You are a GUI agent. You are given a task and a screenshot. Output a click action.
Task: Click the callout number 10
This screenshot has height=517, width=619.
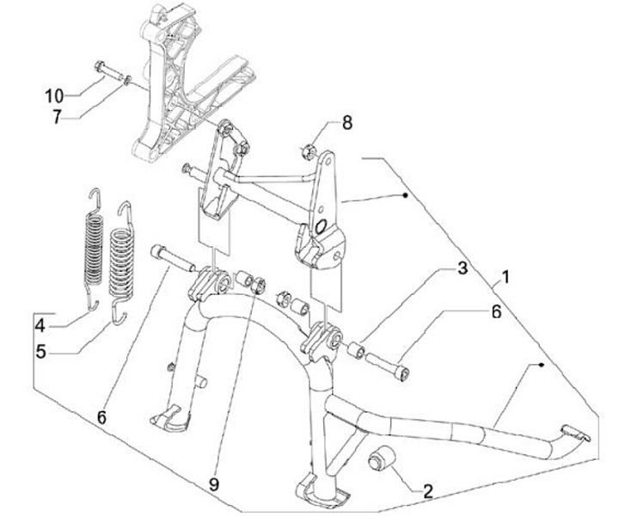(x=54, y=94)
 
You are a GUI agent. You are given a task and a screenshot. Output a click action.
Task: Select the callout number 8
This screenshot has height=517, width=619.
(x=346, y=123)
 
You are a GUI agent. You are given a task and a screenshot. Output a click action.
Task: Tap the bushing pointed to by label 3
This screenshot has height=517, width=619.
(x=355, y=351)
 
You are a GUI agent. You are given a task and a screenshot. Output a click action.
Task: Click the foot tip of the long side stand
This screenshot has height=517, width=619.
(x=573, y=434)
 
